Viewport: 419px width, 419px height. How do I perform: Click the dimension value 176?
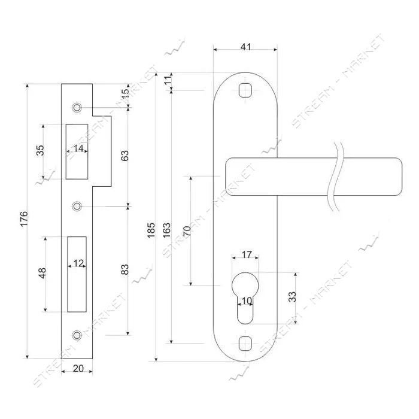point(24,218)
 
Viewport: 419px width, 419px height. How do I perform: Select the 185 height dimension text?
point(151,230)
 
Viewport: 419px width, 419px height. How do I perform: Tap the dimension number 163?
point(166,230)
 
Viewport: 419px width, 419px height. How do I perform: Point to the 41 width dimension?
point(246,47)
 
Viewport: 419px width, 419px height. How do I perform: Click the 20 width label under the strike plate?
point(78,369)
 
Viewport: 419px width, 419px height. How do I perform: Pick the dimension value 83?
point(125,269)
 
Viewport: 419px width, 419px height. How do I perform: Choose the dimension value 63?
point(125,156)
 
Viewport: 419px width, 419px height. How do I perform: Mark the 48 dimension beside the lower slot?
point(42,273)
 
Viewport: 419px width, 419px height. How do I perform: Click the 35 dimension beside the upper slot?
point(40,150)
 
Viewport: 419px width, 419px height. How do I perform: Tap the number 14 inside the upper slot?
point(78,148)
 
